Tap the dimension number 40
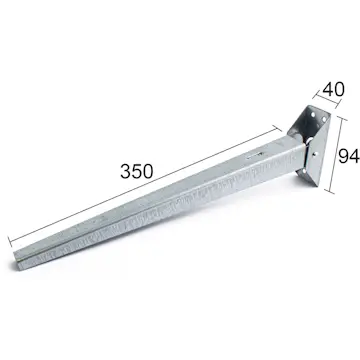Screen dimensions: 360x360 coord(333,88)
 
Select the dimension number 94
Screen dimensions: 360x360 coord(348,156)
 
